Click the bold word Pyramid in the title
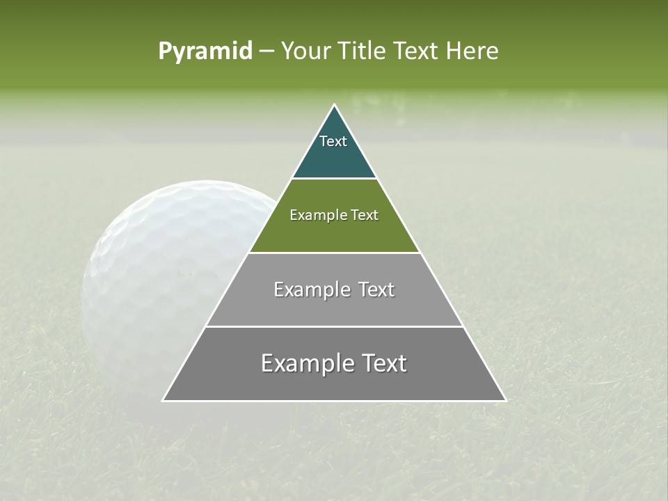click(x=205, y=51)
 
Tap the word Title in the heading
click(x=363, y=51)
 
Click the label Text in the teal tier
click(x=333, y=141)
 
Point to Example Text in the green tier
click(x=334, y=215)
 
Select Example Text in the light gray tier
click(x=334, y=289)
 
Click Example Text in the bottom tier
click(x=334, y=363)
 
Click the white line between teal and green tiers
click(x=334, y=179)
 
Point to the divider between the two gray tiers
click(x=334, y=326)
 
